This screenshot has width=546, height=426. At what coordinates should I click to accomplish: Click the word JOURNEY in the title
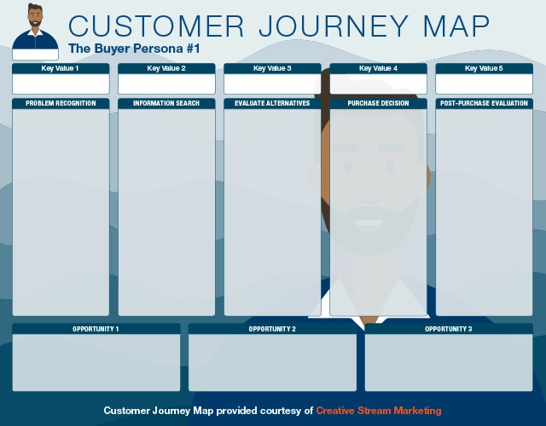329,26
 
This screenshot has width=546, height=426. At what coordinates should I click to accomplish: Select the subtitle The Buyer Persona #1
134,49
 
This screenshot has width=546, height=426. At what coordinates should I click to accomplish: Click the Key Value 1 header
61,68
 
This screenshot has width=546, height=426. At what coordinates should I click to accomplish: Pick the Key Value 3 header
272,68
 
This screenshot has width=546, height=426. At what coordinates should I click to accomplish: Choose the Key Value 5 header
484,68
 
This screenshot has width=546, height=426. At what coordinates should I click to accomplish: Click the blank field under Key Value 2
166,83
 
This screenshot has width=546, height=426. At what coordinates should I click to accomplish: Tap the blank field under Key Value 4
378,83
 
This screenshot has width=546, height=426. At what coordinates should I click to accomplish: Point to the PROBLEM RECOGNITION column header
61,103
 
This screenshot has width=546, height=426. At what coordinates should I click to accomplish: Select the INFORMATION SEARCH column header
166,103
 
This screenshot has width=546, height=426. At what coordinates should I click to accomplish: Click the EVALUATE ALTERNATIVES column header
272,103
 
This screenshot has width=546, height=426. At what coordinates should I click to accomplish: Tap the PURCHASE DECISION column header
378,103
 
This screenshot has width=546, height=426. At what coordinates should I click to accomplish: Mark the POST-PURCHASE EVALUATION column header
484,103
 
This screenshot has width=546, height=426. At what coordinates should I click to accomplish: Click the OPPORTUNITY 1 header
96,329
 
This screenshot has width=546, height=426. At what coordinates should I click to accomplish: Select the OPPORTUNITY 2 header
272,329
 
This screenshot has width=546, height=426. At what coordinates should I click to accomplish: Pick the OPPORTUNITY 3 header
448,329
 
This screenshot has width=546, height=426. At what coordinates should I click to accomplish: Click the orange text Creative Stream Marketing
379,411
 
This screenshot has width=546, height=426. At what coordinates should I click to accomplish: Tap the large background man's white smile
369,223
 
